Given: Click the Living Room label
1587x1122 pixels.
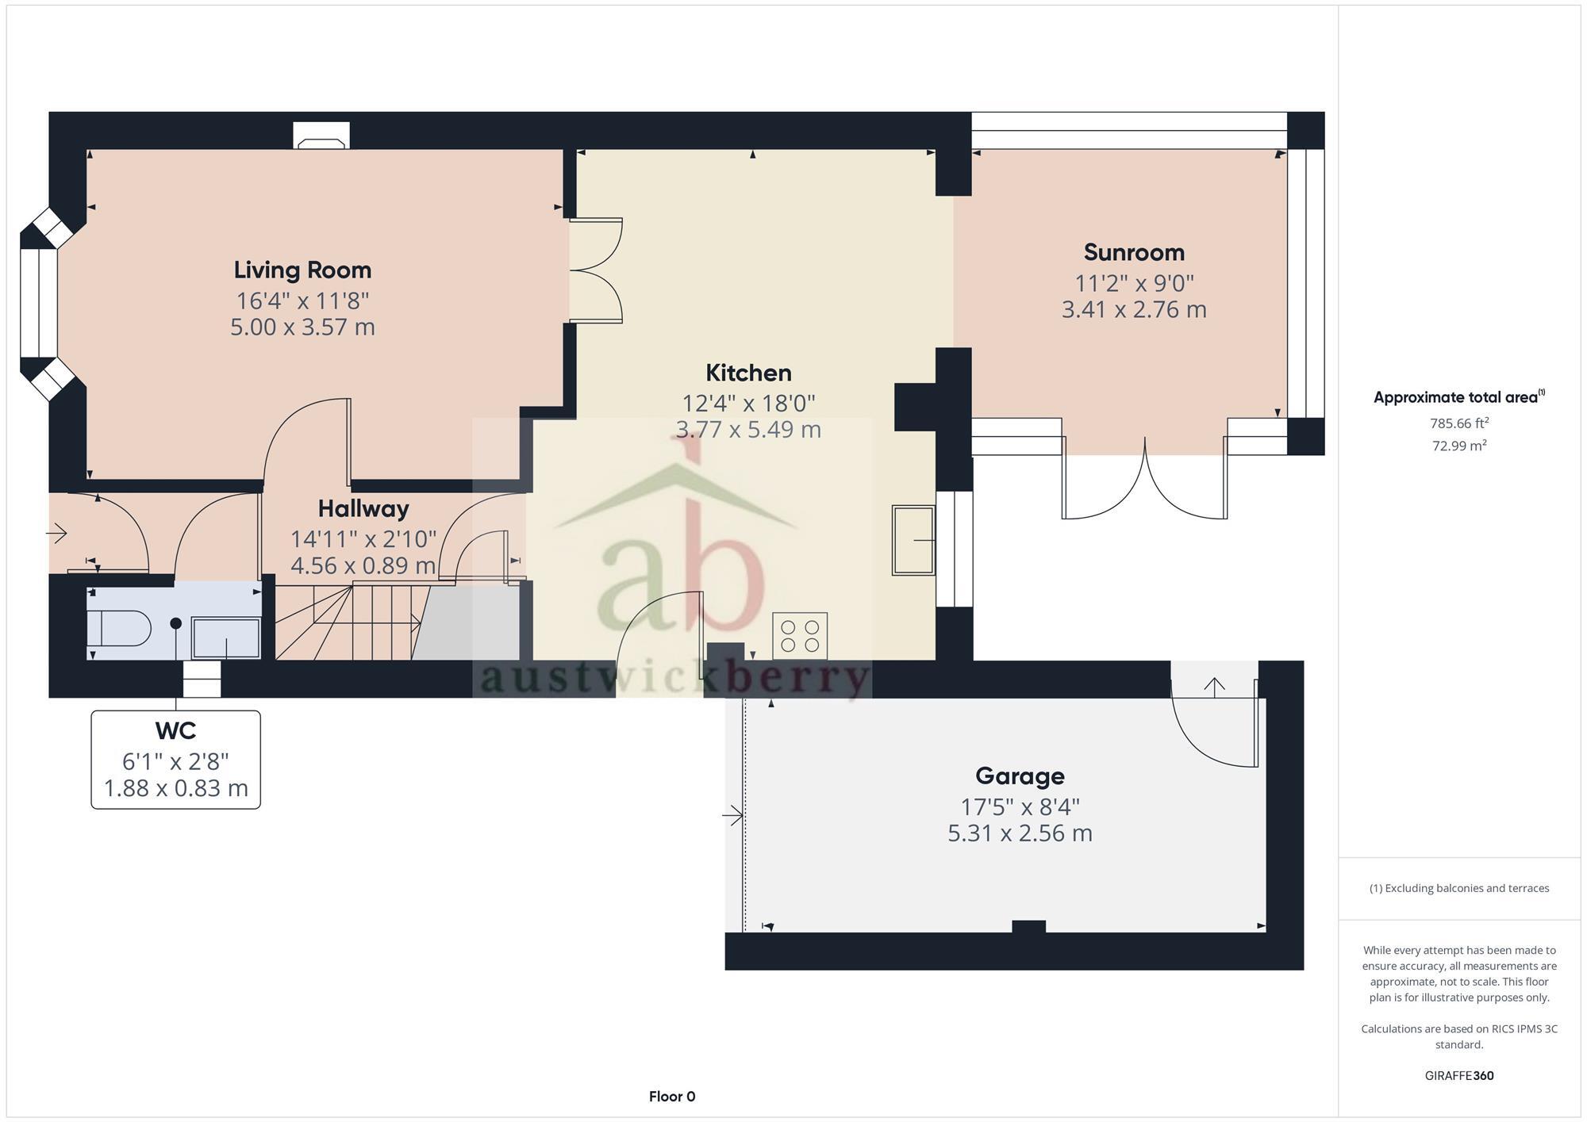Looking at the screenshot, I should [x=302, y=270].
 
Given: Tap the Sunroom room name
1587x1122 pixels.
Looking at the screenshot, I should [x=1134, y=252].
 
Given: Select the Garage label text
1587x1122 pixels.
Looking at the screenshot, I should [x=1020, y=775].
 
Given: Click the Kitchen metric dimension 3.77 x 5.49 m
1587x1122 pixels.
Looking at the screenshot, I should [x=747, y=430].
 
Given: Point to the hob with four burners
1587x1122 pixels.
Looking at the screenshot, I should [x=800, y=636].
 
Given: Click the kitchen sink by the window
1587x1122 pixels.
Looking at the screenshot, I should [x=913, y=540].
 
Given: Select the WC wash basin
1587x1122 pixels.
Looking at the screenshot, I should [x=226, y=638].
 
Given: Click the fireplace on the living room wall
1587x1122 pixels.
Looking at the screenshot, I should [x=321, y=136].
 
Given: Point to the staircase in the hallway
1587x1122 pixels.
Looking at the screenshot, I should [x=349, y=622].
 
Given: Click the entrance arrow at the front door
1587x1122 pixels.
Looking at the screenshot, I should [x=56, y=534].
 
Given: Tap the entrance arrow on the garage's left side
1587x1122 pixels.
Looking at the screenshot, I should [x=732, y=814].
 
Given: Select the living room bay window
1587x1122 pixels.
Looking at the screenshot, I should [x=38, y=303].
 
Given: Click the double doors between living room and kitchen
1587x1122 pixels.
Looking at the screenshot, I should [x=595, y=270].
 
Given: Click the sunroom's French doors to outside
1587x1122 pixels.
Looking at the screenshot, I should [x=1145, y=484].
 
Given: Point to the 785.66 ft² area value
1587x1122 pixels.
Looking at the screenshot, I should [x=1458, y=423].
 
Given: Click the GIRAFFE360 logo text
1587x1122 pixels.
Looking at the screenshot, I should [x=1458, y=1076].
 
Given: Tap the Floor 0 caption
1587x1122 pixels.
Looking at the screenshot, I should [x=672, y=1097].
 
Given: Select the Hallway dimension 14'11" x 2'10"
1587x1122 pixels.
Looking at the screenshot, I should [x=363, y=539].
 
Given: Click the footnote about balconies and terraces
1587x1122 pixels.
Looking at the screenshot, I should [x=1458, y=888].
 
